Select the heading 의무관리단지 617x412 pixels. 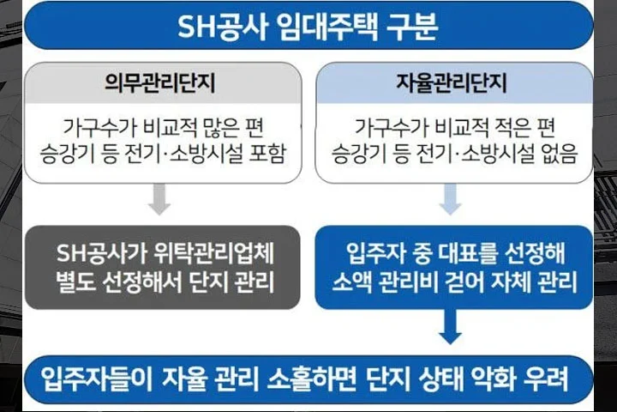click(x=159, y=82)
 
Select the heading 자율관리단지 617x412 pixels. click(x=452, y=82)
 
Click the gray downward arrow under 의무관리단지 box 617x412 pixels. click(x=159, y=199)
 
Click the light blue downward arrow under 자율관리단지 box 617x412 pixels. click(x=450, y=199)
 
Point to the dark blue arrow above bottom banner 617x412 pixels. click(x=450, y=327)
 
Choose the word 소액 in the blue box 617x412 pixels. click(x=352, y=282)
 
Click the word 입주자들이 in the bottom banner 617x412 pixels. click(x=97, y=379)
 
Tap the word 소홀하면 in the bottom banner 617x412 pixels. click(x=311, y=379)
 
